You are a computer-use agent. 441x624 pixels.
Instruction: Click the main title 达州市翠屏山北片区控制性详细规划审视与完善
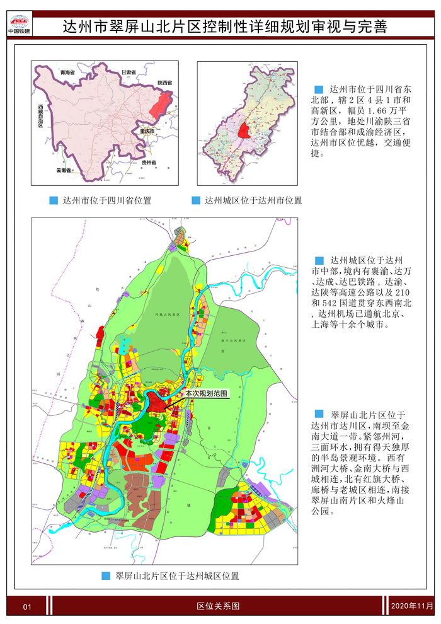click(225, 26)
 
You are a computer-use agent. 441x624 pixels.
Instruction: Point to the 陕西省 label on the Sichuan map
click(166, 83)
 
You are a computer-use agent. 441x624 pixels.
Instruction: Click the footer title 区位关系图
click(218, 606)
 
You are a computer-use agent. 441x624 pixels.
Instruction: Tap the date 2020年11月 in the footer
click(412, 606)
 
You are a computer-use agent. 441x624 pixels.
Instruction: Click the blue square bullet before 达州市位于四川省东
click(318, 90)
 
